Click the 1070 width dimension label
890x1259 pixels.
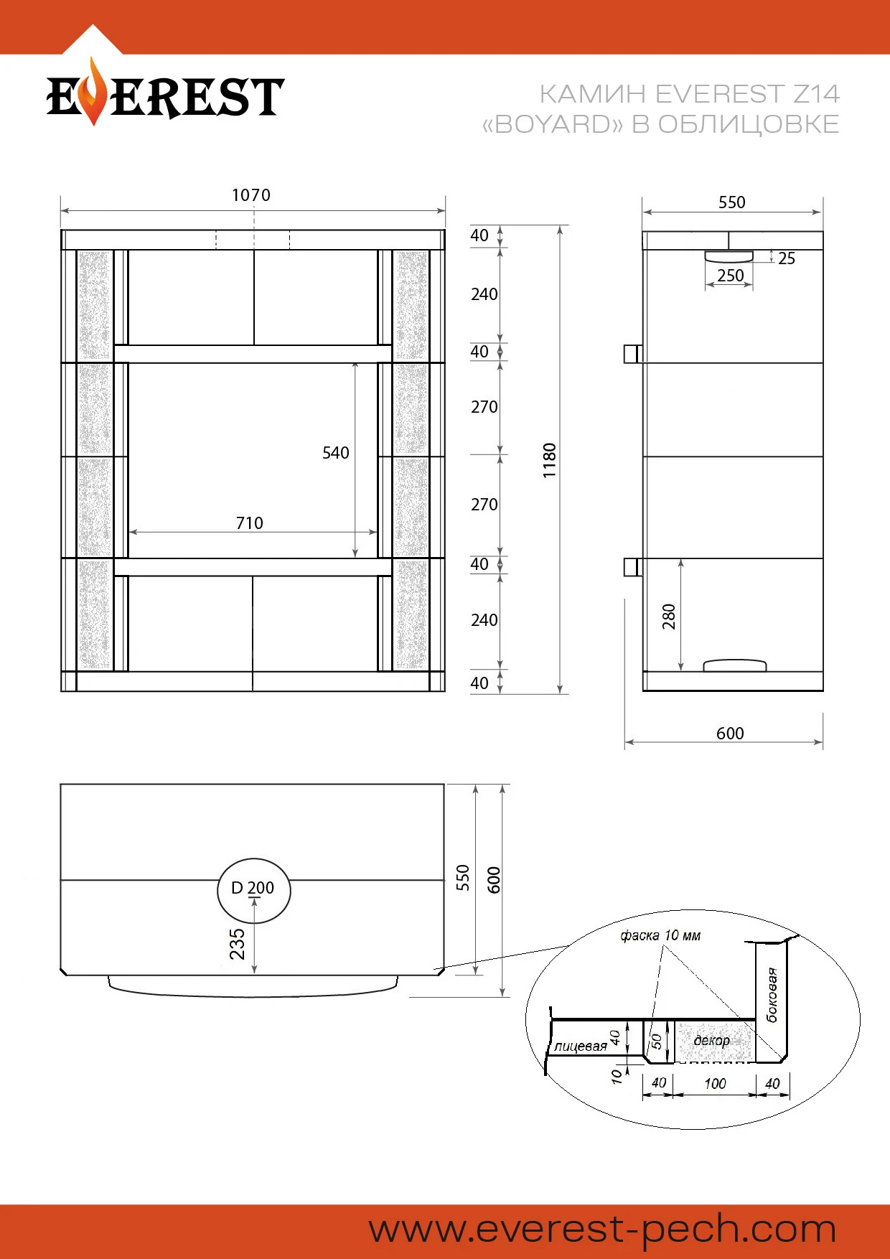point(251,195)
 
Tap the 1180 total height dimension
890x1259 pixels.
point(550,461)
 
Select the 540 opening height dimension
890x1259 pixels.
point(336,453)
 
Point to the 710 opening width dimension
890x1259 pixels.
point(250,523)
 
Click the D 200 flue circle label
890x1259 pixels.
point(253,888)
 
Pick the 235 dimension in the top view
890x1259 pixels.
point(238,944)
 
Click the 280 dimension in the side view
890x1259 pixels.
point(669,617)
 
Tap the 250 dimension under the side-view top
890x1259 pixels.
point(731,276)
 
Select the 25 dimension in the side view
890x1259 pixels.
point(787,258)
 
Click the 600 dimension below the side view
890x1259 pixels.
point(730,734)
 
